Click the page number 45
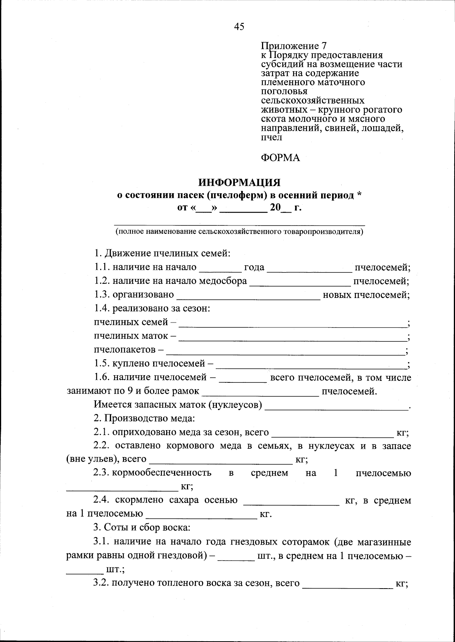(x=239, y=26)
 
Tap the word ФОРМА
(x=280, y=158)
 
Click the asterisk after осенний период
(x=359, y=195)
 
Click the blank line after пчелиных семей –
(x=292, y=325)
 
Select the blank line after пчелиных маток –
(x=292, y=338)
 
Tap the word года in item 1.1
(x=254, y=267)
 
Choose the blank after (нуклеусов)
(x=336, y=407)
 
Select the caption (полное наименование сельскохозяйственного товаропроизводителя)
(x=239, y=232)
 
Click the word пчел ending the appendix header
(x=271, y=138)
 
